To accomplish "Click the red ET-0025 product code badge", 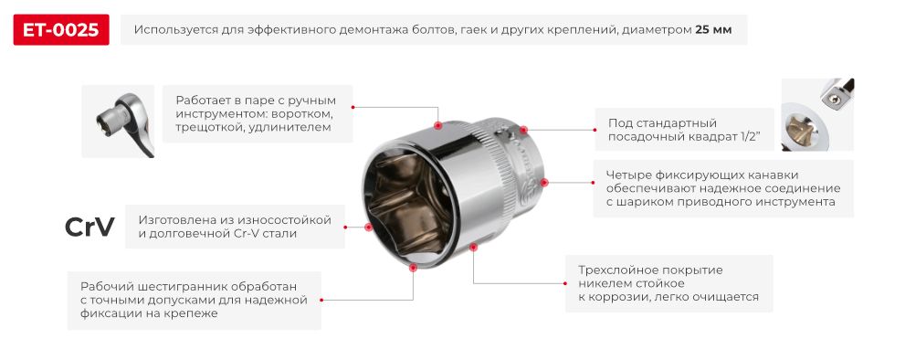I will pyautogui.click(x=62, y=30).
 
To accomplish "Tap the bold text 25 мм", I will pyautogui.click(x=713, y=30).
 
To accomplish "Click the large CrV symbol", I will pyautogui.click(x=89, y=228).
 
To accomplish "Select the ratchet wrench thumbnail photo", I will pyautogui.click(x=118, y=122).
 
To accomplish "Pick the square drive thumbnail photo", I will pyautogui.click(x=817, y=114).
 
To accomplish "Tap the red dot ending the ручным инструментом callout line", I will pyautogui.click(x=438, y=125).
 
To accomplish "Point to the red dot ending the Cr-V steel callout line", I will pyautogui.click(x=368, y=227).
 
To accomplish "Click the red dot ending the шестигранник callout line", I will pyautogui.click(x=414, y=268).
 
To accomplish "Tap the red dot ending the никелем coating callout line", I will pyautogui.click(x=473, y=246).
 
